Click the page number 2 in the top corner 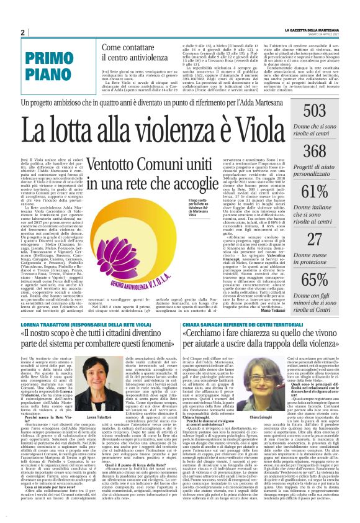(22, 33)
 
